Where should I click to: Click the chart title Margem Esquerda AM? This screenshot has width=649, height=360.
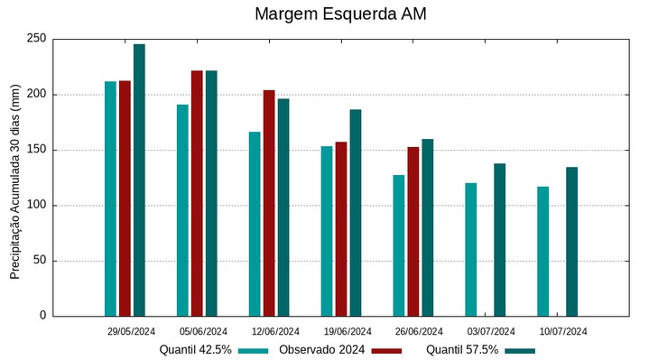[x=340, y=14]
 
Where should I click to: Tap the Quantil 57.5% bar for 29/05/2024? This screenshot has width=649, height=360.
[x=139, y=180]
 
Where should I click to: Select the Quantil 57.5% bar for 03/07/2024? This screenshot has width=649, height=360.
[x=499, y=240]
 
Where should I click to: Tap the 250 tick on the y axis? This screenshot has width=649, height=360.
[x=37, y=39]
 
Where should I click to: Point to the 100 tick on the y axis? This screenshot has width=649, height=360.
[x=37, y=205]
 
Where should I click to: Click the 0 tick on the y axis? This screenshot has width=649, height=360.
[x=42, y=316]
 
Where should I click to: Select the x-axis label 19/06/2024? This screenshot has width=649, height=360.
[x=348, y=331]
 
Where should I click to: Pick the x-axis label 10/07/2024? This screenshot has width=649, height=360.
[x=564, y=331]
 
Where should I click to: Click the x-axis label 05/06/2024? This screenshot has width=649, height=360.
[x=203, y=331]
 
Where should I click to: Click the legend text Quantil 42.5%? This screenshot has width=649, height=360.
[x=196, y=350]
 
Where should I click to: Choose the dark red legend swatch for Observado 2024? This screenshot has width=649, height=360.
[x=386, y=350]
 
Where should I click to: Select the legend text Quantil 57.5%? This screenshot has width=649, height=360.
[x=462, y=350]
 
